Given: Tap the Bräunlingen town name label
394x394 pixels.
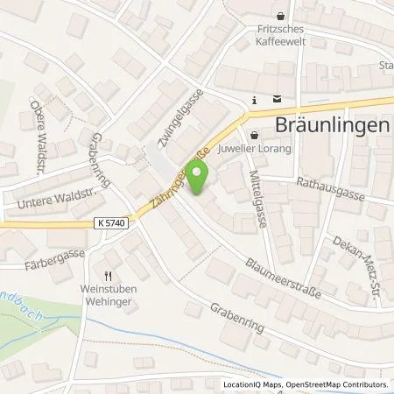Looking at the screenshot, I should (x=334, y=124).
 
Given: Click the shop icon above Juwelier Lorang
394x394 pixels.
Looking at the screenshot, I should (x=254, y=135).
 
